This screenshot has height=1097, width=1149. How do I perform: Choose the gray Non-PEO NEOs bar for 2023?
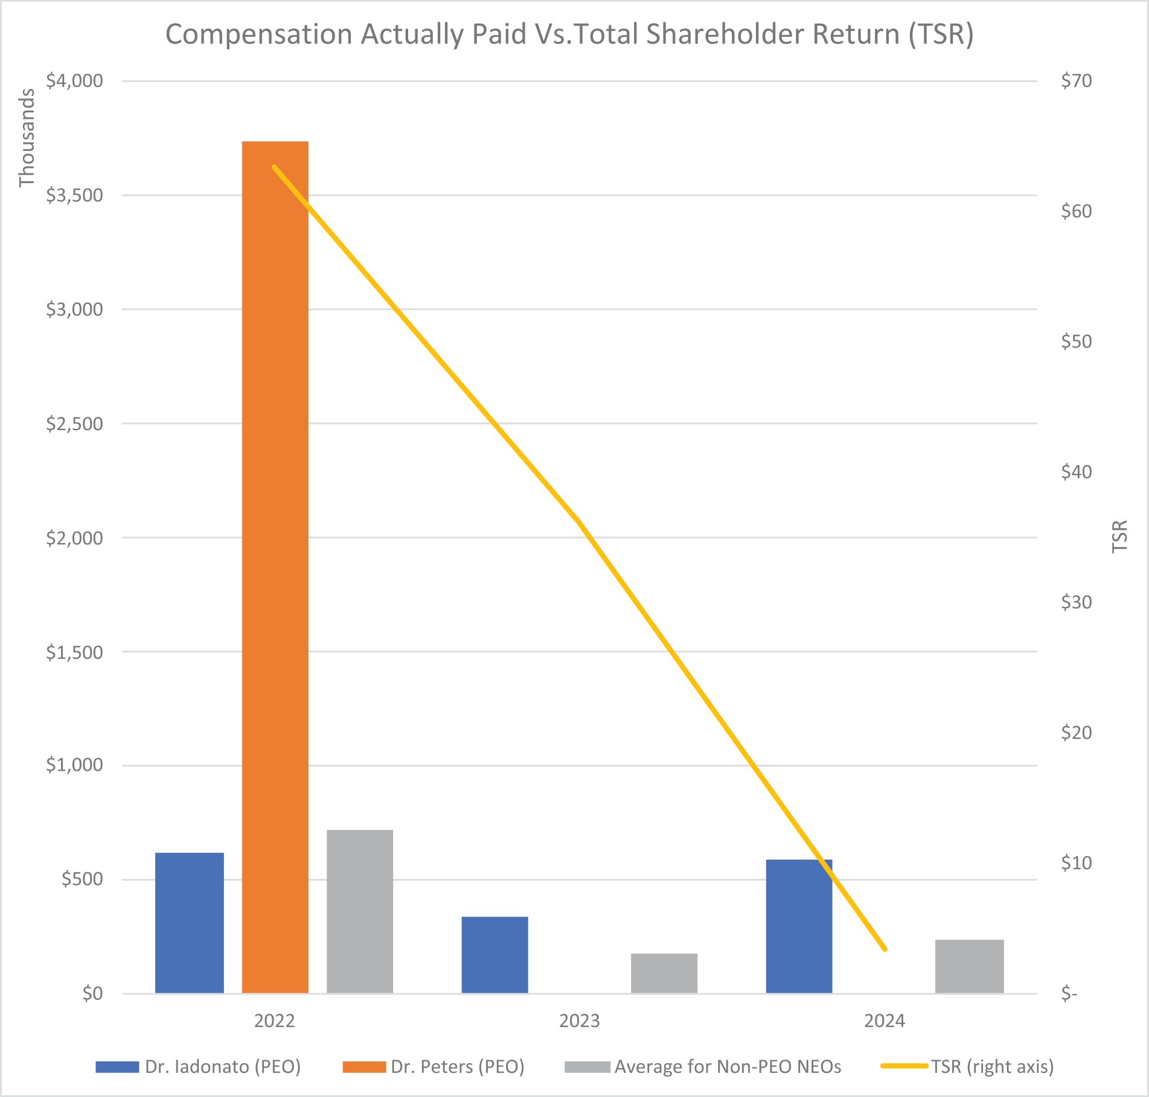coord(664,973)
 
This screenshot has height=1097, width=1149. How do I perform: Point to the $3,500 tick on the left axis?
coord(74,195)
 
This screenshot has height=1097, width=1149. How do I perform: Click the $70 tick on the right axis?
coord(1076,81)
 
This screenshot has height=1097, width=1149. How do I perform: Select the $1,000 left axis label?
coord(74,765)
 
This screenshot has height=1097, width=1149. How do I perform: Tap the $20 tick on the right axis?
coord(1076,732)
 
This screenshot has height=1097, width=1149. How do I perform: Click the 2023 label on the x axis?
coord(579,1020)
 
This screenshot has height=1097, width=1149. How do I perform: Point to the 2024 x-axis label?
coord(884,1020)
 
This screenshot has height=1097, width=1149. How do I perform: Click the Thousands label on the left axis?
coord(27,138)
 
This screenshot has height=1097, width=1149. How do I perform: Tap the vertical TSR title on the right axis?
coord(1119,536)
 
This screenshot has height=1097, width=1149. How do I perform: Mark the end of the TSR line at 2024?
coord(885,949)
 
